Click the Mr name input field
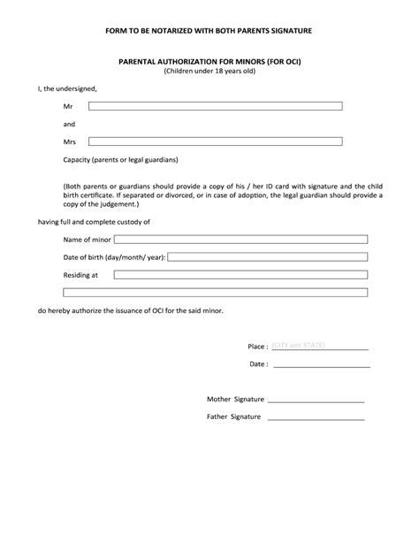tap(215, 106)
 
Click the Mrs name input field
tap(215, 141)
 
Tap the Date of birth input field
tap(268, 256)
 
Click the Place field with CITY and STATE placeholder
tap(320, 346)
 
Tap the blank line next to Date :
tap(320, 363)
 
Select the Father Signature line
tap(316, 416)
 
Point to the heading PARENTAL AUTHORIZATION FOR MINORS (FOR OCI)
tap(209, 62)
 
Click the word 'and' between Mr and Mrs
tap(69, 124)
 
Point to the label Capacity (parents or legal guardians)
tap(120, 160)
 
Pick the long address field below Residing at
tap(216, 293)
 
